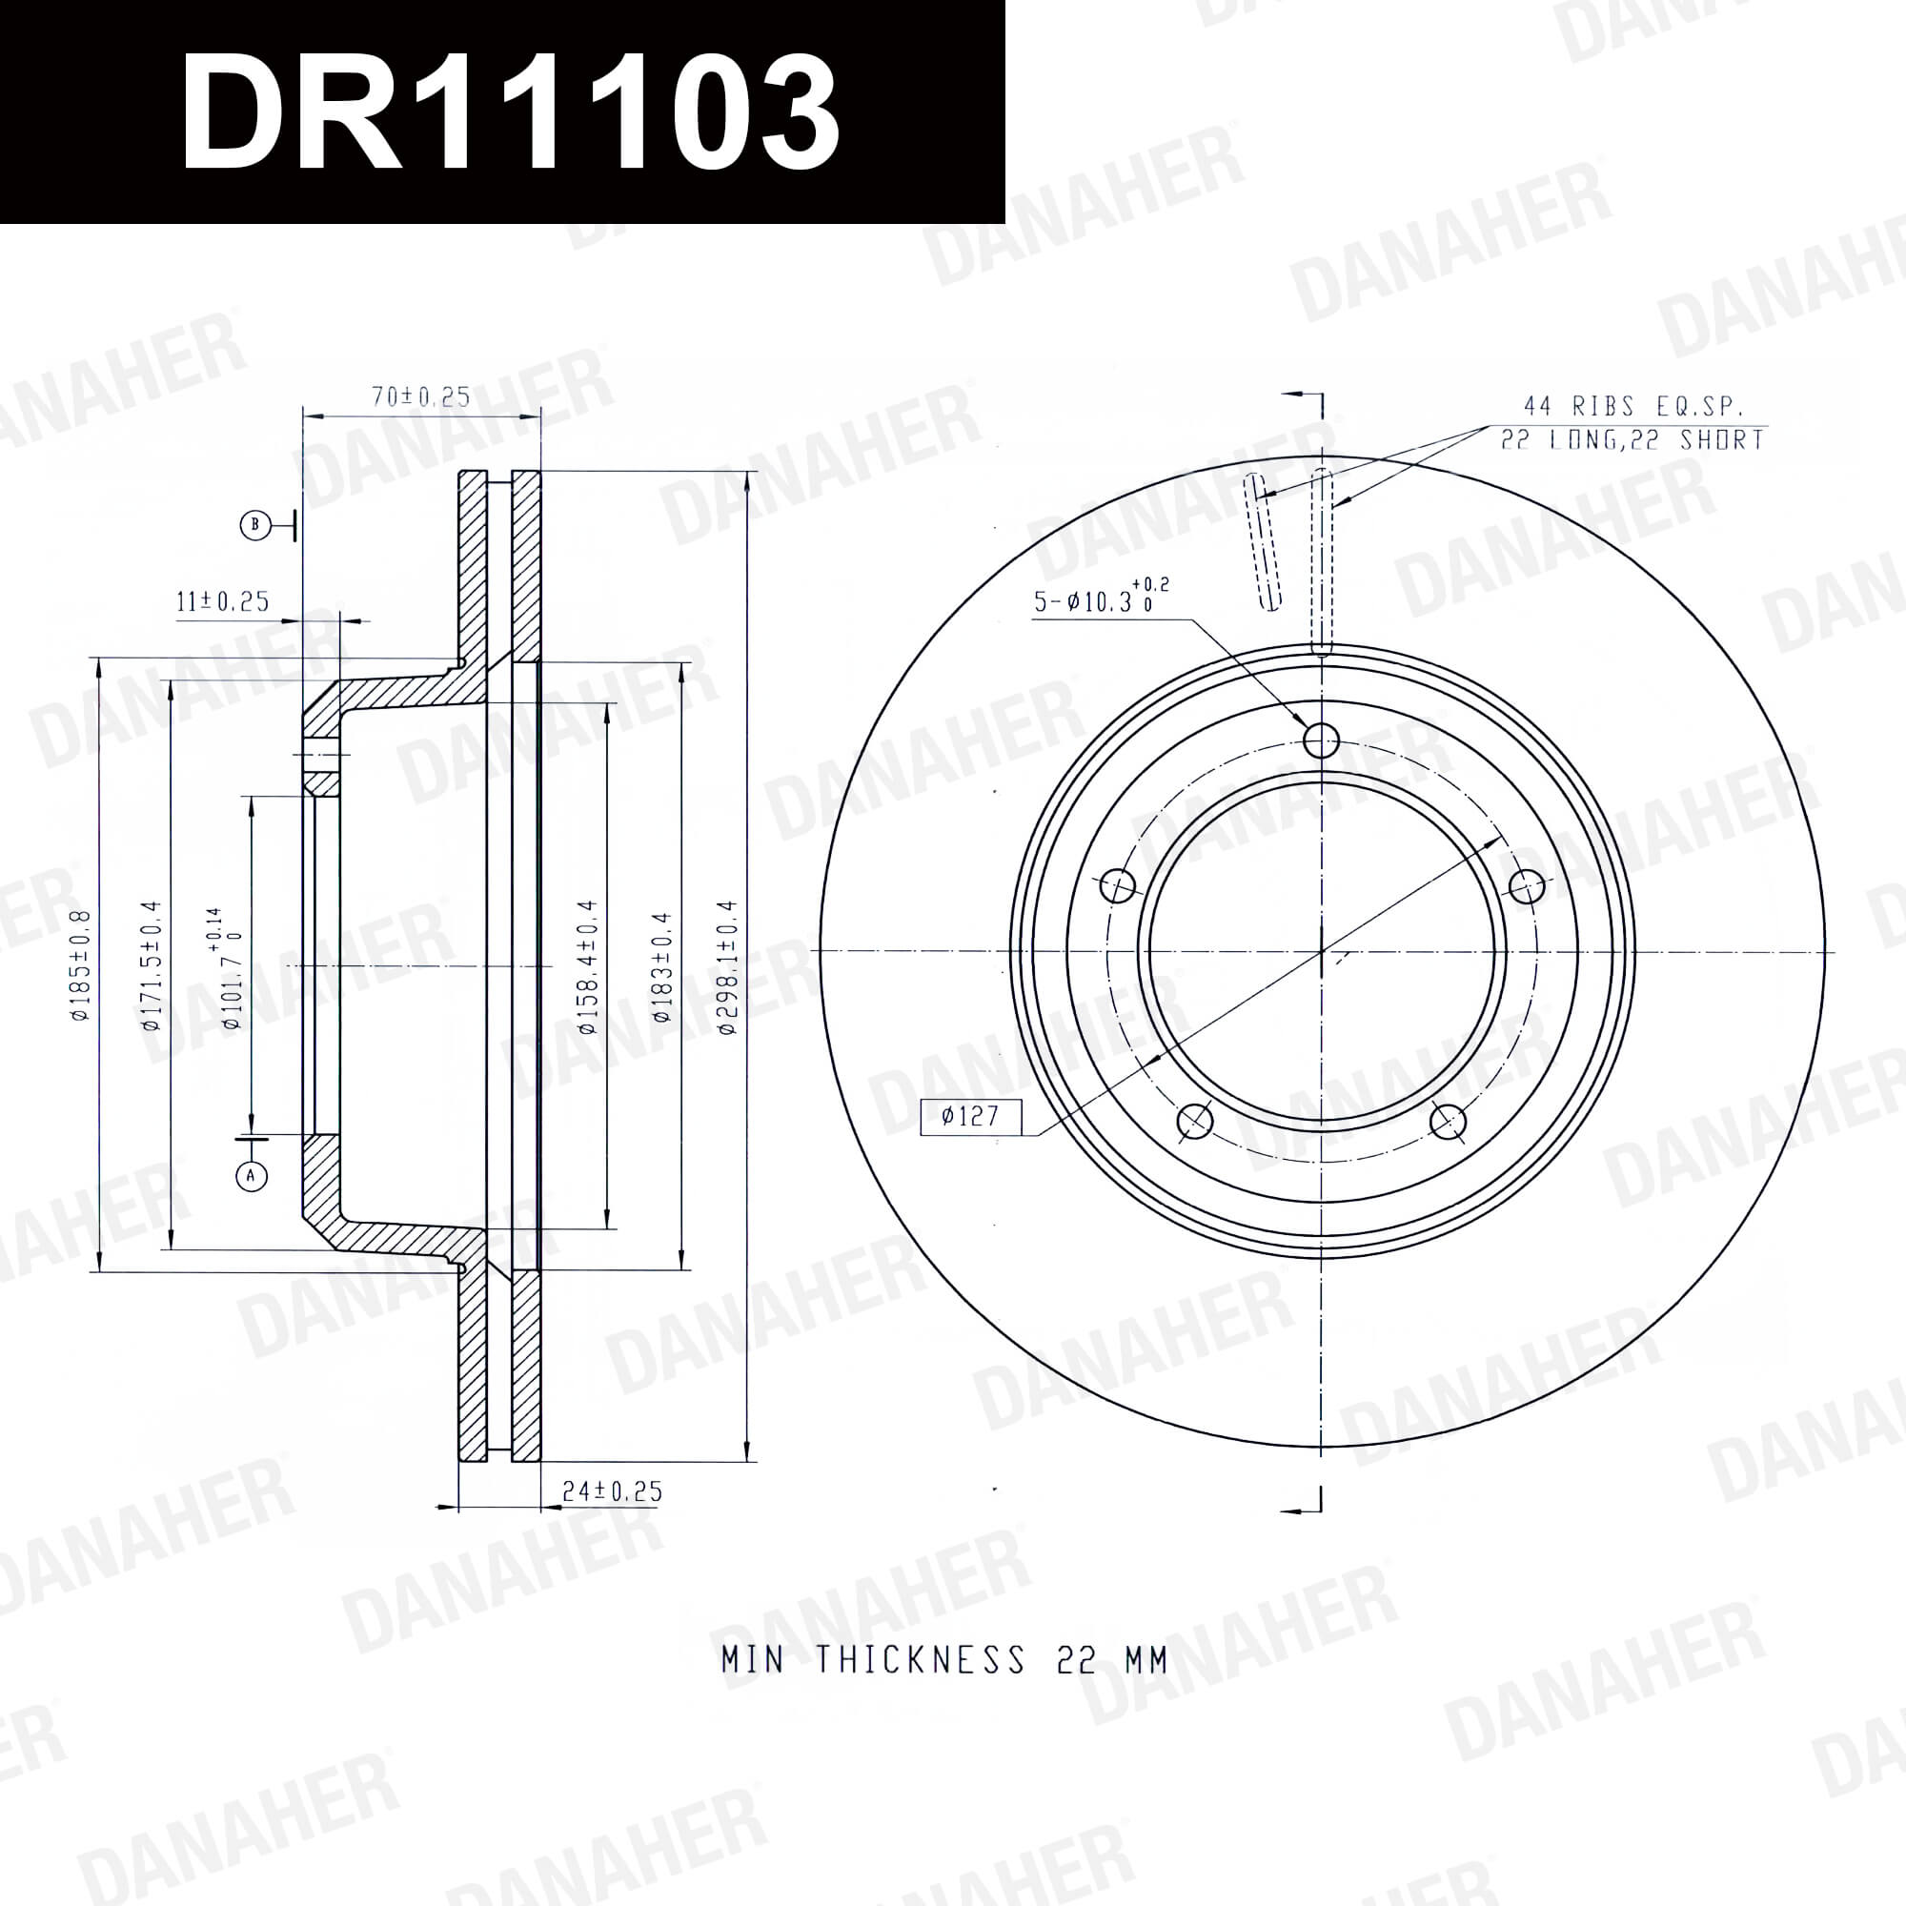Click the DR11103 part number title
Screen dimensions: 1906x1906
(510, 112)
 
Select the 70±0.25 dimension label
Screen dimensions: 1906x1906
(421, 396)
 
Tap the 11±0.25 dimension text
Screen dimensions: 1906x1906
(223, 600)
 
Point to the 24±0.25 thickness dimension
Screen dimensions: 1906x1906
(613, 1490)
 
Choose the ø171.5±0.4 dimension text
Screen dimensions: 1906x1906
(150, 965)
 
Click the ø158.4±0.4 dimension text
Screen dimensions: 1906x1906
(588, 966)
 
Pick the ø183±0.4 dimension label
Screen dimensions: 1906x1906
(661, 966)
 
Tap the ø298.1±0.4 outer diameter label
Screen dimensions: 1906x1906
(728, 966)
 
